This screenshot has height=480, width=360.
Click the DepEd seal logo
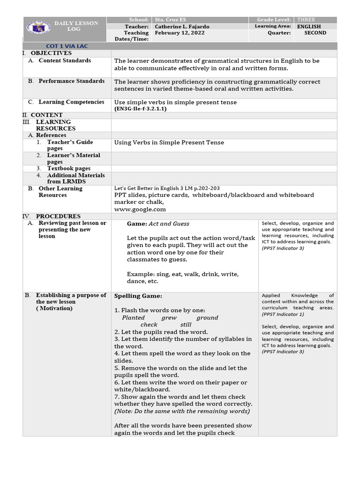point(36,29)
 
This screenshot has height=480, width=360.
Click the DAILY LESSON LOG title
point(76,26)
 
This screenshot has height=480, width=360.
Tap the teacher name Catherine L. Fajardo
point(182,27)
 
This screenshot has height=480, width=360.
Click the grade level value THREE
point(306,20)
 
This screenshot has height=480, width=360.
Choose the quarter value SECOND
point(315,33)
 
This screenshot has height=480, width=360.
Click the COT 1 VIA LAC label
point(67,46)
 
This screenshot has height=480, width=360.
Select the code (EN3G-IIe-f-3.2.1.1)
point(140,109)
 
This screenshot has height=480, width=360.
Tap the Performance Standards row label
point(71,81)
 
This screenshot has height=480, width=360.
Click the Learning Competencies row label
point(71,102)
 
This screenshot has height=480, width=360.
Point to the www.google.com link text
point(140,210)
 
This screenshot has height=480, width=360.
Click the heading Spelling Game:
point(138,296)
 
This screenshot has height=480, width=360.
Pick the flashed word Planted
point(133,318)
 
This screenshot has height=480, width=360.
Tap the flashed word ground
point(207,318)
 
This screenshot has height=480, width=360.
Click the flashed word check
point(149,325)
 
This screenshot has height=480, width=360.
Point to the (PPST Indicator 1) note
point(283,315)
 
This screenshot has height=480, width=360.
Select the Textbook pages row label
point(69,168)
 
